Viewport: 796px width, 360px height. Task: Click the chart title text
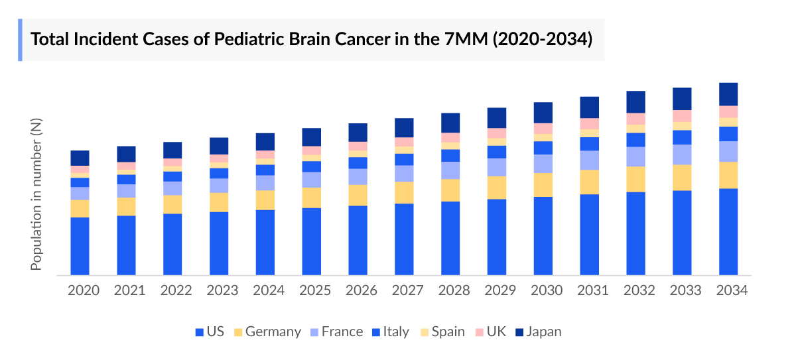coord(312,39)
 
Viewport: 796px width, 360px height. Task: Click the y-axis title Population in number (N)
coord(36,198)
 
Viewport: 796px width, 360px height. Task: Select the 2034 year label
coord(732,290)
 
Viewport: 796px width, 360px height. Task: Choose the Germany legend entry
coord(267,331)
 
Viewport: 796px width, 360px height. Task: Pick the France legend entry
coord(336,331)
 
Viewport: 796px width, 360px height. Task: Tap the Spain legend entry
coord(442,331)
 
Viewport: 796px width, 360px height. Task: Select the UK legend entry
coord(492,331)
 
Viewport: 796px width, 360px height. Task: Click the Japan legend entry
coord(538,331)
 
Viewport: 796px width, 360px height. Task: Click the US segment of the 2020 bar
coord(80,246)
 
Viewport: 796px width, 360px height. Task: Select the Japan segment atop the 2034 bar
coord(728,94)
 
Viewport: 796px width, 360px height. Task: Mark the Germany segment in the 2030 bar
coord(543,185)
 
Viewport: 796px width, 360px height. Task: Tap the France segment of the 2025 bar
coord(312,180)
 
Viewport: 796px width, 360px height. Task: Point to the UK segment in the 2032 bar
coord(636,119)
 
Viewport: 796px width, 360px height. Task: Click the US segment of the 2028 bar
coord(450,238)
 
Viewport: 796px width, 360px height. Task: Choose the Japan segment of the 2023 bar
coord(219,146)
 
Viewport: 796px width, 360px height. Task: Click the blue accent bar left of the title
coord(20,40)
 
